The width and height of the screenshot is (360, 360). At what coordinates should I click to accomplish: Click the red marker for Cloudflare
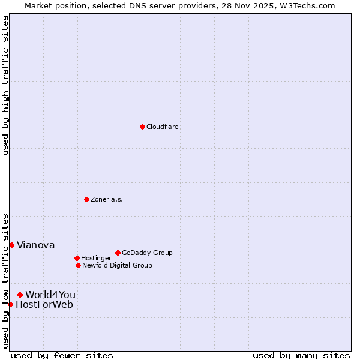pos(142,127)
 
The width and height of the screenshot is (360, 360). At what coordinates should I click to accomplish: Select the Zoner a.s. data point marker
pos(86,199)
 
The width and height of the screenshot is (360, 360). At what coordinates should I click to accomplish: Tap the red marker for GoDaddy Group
pos(118,253)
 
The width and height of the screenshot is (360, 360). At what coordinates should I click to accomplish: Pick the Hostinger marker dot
pos(77,258)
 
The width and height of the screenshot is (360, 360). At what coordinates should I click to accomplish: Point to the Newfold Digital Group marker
pos(78,265)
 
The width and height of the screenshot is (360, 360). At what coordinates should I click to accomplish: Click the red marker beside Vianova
pos(11,245)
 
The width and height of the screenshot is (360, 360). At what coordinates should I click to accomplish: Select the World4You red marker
pos(20,295)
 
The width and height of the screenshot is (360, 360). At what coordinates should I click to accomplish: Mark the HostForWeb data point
pos(10,304)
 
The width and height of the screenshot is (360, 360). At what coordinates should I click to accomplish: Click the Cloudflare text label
pos(163,127)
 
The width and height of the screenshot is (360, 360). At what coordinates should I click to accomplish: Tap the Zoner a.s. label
pos(107,200)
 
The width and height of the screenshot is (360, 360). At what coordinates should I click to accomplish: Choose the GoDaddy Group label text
pos(147,253)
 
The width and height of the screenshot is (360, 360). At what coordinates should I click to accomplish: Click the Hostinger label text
pos(96,259)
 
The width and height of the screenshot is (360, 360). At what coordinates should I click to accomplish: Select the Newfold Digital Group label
pos(117,266)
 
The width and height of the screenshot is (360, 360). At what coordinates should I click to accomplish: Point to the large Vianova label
pos(35,245)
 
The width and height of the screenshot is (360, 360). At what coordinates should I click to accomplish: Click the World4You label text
pos(50,295)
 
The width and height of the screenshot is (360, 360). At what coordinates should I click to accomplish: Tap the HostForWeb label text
pos(44,304)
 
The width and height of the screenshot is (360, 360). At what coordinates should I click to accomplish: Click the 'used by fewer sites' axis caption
pos(62,355)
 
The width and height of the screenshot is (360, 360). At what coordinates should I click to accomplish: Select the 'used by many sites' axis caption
pos(301,355)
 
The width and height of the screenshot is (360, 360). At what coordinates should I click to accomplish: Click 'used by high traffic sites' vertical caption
pos(5,85)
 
